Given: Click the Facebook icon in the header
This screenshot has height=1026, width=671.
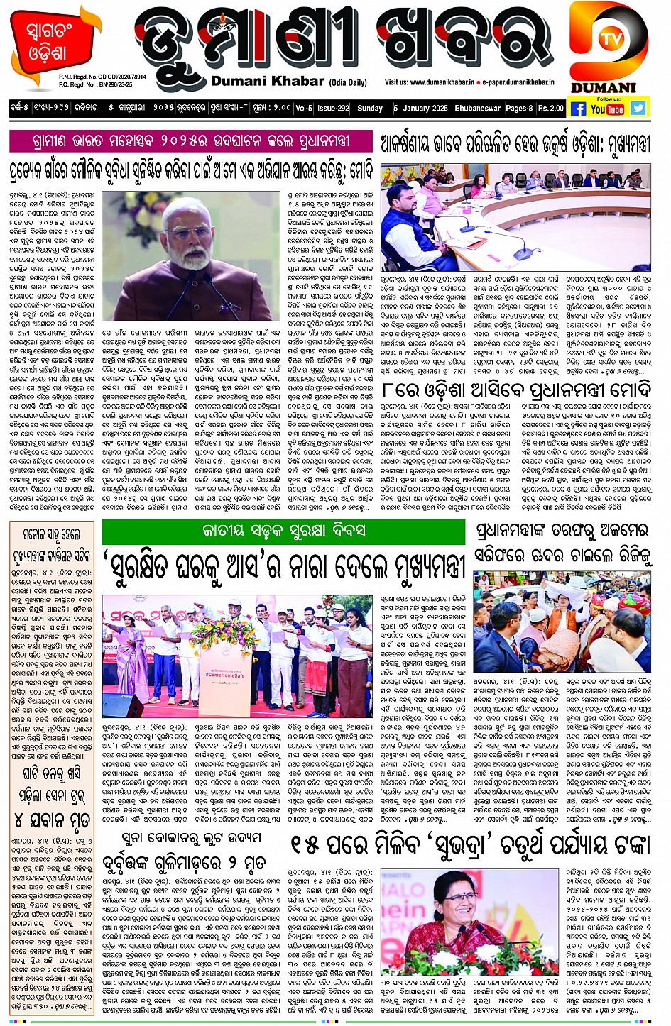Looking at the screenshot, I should [578, 109].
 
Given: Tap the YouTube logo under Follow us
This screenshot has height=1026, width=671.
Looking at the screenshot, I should [607, 109].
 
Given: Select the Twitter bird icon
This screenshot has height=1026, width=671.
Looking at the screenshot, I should [638, 108].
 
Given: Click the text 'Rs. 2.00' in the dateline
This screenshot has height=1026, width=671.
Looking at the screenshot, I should [550, 109].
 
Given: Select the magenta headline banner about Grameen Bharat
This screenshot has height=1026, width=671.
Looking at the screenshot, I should [190, 140].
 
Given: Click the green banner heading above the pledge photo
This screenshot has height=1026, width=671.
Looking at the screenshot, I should [283, 530].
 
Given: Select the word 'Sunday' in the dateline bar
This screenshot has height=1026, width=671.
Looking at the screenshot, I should [369, 109].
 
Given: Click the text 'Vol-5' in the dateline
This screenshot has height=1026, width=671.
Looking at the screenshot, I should [303, 109].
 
